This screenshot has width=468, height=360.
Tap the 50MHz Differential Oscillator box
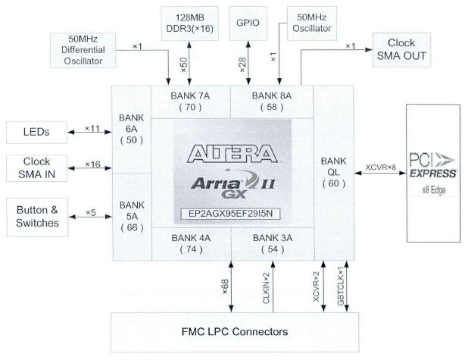(x=81, y=51)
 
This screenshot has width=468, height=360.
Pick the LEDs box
(x=36, y=133)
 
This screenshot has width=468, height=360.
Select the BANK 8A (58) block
(x=270, y=102)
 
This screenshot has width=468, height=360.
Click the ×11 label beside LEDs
(x=92, y=129)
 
